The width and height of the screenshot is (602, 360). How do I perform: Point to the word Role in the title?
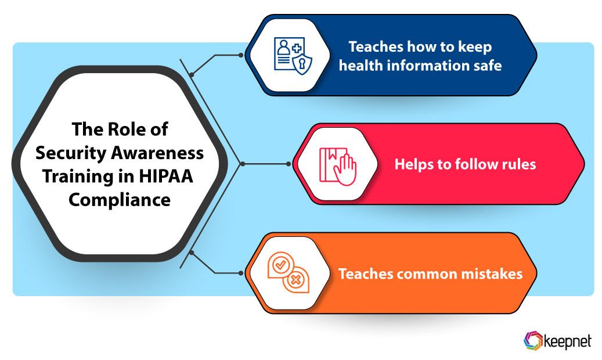point(128,129)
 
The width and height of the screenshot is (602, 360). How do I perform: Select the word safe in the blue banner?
point(486,66)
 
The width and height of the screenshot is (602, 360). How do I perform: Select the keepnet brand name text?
point(568,341)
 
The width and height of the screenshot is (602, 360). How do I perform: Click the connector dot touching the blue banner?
point(241,56)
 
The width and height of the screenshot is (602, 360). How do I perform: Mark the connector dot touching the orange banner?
point(241,272)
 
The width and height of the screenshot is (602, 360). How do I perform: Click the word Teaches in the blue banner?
point(373,46)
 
